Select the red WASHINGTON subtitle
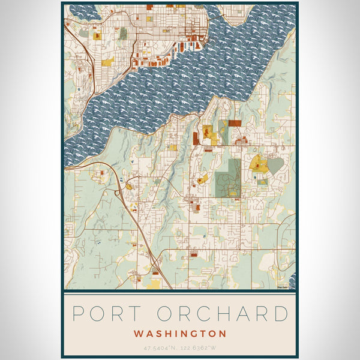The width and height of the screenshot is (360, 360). tap(180, 333)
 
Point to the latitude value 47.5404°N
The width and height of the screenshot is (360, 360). tap(161, 347)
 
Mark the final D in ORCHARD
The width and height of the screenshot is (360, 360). tap(280, 313)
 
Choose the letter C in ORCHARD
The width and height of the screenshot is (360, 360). tap(202, 313)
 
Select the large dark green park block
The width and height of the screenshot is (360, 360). tap(229, 178)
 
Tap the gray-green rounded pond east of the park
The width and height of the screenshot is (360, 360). tap(274, 166)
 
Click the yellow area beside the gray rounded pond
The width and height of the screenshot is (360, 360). tap(259, 164)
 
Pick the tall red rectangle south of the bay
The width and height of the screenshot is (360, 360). tap(196, 139)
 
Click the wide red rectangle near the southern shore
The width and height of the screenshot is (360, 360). tap(234, 123)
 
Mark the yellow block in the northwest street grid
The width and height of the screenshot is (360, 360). tap(107, 62)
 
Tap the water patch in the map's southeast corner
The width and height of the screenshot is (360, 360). tap(293, 280)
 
